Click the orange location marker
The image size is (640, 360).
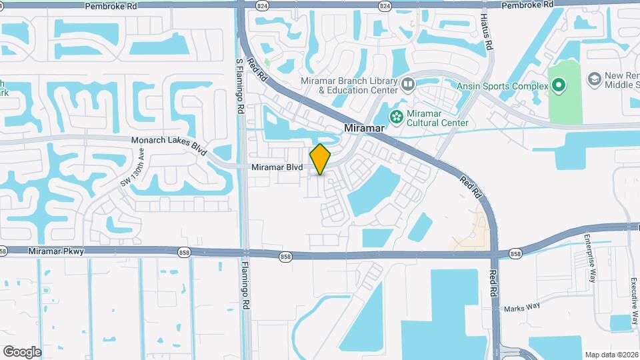point(321,159)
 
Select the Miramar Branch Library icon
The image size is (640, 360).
point(408,85)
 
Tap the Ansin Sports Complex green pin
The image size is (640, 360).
point(558,85)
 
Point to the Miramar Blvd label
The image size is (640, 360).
point(277,167)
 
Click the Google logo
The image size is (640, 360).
point(22,351)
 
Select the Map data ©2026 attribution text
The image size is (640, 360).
point(611,355)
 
